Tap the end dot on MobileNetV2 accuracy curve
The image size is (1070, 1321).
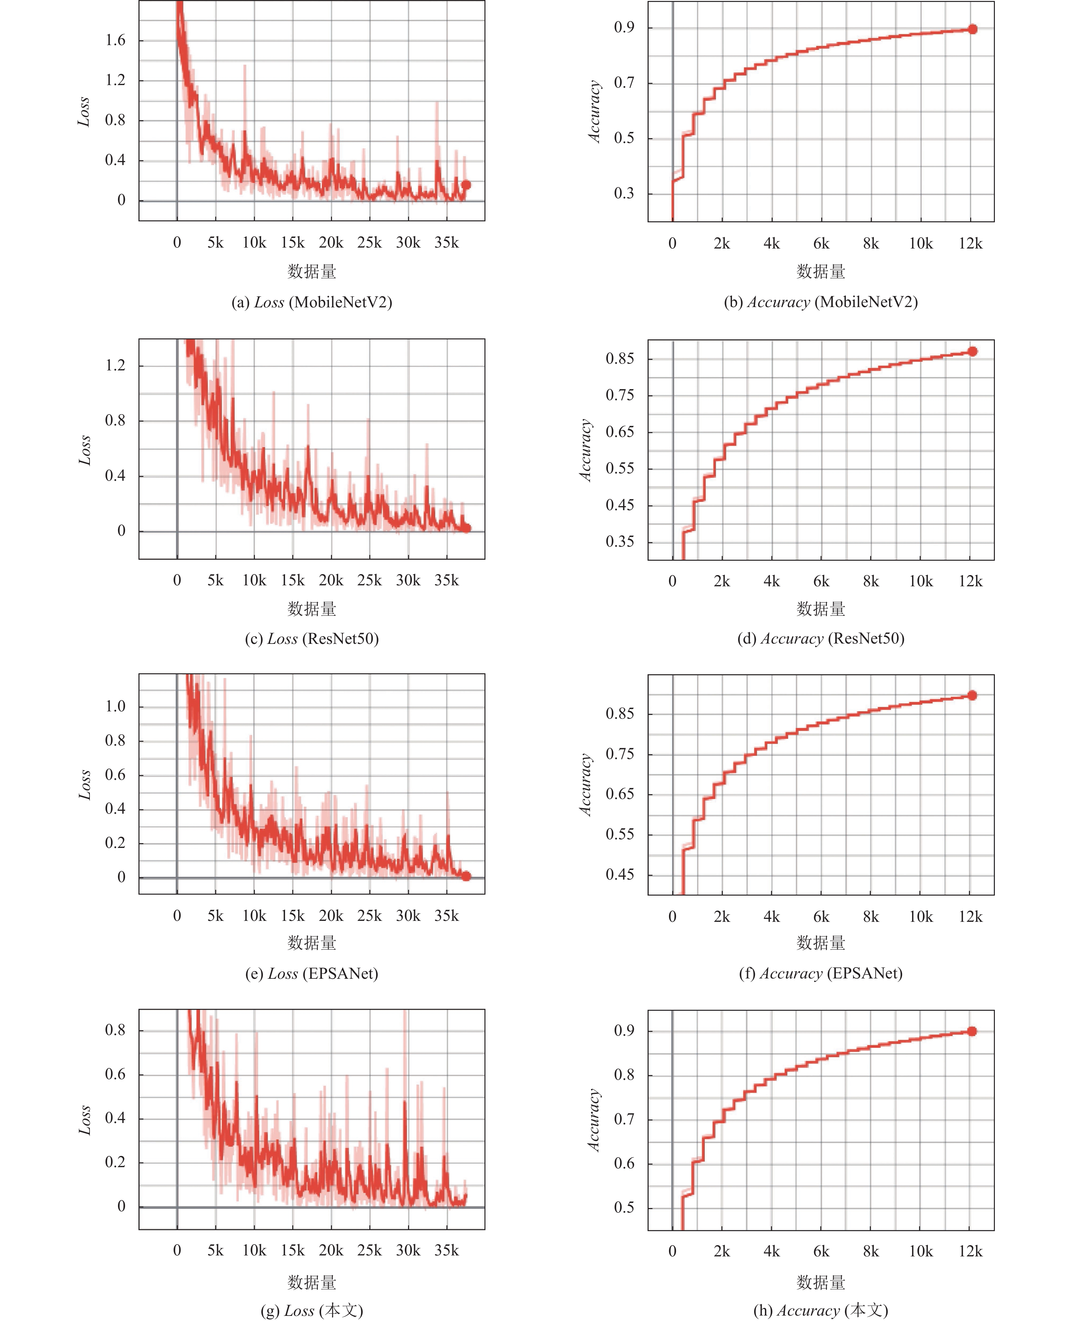point(972,29)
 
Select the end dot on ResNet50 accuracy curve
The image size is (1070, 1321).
point(972,352)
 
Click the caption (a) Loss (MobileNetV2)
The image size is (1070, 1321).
point(312,302)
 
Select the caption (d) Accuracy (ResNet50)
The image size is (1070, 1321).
point(821,639)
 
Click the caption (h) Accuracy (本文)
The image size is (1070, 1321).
point(821,1310)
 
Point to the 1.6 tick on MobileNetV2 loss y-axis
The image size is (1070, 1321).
point(115,41)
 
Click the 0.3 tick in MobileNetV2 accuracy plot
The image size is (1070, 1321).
point(624,194)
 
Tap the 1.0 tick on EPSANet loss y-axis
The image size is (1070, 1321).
point(115,707)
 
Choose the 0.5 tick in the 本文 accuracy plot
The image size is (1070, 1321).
point(624,1207)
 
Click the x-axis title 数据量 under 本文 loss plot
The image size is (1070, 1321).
point(312,1283)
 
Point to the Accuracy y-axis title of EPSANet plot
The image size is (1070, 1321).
point(586,785)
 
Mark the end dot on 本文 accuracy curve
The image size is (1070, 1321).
point(972,1031)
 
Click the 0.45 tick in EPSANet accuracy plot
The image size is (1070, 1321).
point(620,875)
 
